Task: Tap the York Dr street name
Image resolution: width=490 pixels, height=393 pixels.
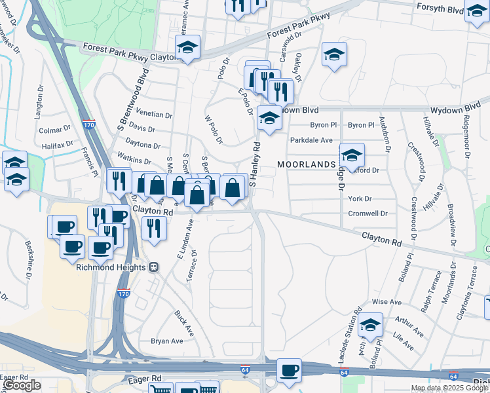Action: tap(360, 199)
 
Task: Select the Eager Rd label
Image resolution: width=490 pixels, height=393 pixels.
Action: tap(144, 379)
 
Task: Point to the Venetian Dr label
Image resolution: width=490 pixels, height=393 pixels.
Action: tap(155, 114)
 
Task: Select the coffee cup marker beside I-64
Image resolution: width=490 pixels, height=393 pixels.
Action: tap(289, 371)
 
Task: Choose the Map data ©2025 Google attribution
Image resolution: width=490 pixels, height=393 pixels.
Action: tap(449, 388)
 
